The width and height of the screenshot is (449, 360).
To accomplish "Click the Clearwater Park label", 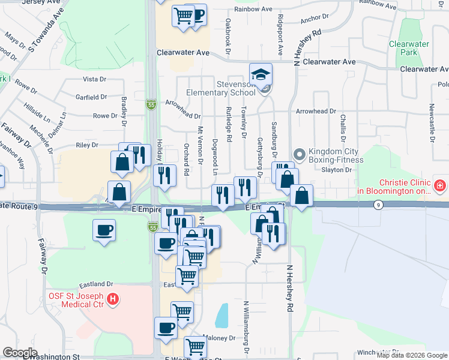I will click(409, 48).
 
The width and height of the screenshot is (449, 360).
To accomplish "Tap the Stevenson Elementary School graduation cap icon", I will click(261, 74).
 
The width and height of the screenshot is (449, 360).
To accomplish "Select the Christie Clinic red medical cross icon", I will click(441, 186).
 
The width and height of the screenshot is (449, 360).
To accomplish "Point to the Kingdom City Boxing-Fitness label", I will click(336, 156).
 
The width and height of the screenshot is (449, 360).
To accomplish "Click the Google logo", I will click(20, 353).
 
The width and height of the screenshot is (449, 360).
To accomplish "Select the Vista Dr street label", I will click(94, 79).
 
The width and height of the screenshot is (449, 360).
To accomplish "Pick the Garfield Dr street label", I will click(91, 97).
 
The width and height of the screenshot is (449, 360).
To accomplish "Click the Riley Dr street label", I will click(86, 145).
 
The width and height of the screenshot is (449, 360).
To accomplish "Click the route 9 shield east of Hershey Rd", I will click(378, 205).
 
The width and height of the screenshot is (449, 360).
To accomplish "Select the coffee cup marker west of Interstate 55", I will click(104, 230).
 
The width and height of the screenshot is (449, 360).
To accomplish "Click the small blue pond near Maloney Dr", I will click(221, 315).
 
